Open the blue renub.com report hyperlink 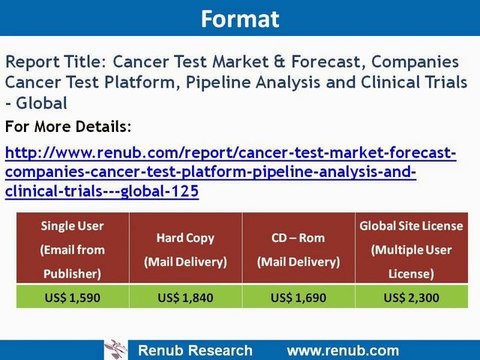(x=230, y=171)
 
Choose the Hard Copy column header (x=182, y=252)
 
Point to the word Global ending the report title (x=43, y=104)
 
